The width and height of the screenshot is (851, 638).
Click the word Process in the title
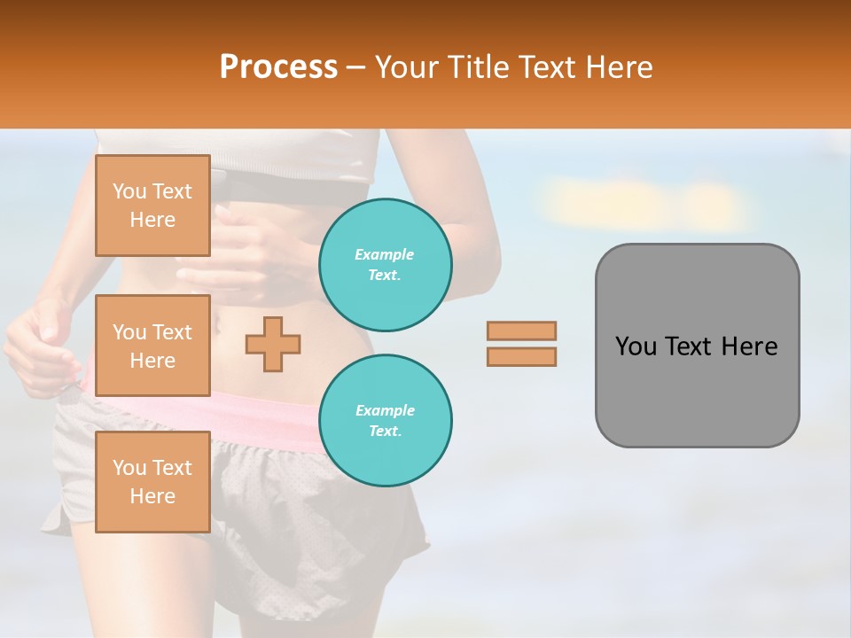tap(278, 67)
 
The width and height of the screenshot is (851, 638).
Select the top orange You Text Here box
tap(152, 206)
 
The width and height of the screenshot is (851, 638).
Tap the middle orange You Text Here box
tap(152, 346)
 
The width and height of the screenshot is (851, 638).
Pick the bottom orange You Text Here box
tap(152, 482)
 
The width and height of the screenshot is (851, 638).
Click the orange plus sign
tap(273, 344)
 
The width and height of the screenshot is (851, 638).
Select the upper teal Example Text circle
tap(385, 265)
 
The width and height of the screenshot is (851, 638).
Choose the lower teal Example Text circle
tap(385, 421)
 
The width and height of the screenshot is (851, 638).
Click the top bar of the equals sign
tap(521, 331)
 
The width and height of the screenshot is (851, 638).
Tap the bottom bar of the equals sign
tap(521, 356)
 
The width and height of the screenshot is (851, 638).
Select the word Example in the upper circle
tap(385, 255)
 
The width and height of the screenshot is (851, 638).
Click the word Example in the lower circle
tap(385, 411)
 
